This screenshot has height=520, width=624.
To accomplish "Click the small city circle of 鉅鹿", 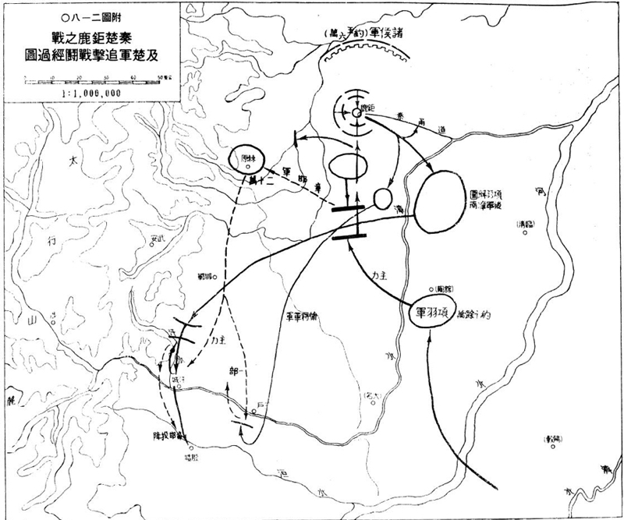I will (356, 114).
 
